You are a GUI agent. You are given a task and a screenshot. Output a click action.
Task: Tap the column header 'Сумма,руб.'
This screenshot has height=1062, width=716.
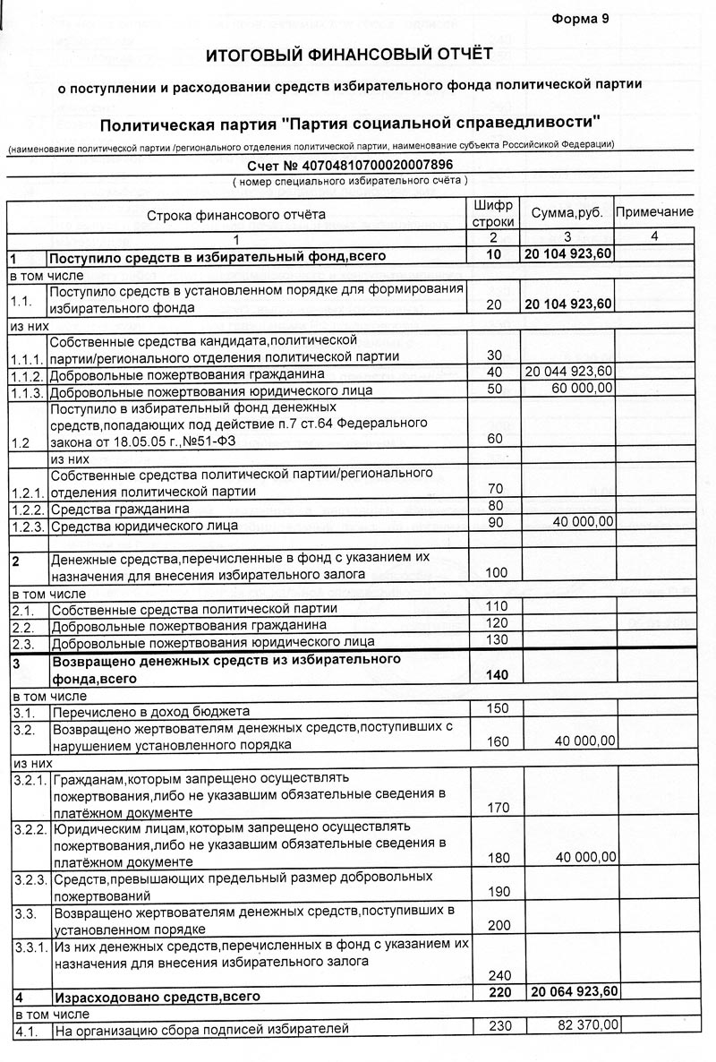pos(567,213)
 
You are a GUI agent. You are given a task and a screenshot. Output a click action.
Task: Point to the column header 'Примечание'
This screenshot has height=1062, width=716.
pos(655,212)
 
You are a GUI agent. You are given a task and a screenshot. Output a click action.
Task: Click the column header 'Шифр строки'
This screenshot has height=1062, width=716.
pos(493,213)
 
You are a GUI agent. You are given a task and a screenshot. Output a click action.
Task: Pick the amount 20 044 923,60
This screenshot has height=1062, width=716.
pos(569,372)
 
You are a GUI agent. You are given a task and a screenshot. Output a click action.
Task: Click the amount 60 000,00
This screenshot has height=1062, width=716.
pos(583,388)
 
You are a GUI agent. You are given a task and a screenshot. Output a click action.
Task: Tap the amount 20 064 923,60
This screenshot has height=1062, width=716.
pos(574,991)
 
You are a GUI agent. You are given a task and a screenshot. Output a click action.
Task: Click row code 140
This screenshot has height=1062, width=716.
pos(496,674)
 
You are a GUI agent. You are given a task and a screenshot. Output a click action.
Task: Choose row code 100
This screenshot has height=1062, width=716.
pos(496,572)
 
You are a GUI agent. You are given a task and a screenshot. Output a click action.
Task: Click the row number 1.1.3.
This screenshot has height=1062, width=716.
pos(27,391)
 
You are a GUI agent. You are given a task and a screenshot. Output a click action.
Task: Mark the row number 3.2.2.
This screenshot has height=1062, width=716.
pos(30,829)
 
